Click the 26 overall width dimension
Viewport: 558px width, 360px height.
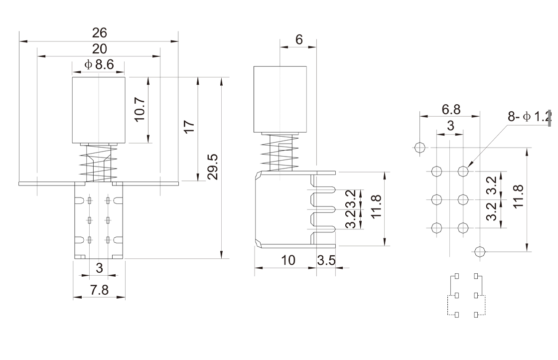pos(99,33)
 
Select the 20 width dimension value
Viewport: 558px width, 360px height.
pos(99,49)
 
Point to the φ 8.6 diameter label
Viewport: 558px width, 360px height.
pos(99,64)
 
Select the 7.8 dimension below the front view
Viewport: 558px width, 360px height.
pos(99,290)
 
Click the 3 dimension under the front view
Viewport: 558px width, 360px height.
pos(99,268)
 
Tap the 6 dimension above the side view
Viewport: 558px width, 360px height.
pos(299,40)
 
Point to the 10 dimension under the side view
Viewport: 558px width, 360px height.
pos(288,260)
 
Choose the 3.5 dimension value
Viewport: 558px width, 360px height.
pos(326,260)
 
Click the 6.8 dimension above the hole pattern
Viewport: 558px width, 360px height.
pos(450,109)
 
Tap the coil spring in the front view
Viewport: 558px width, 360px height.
pos(99,163)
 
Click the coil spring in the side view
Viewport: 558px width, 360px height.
pos(280,153)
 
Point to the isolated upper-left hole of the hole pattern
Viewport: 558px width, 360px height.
pos(419,148)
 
